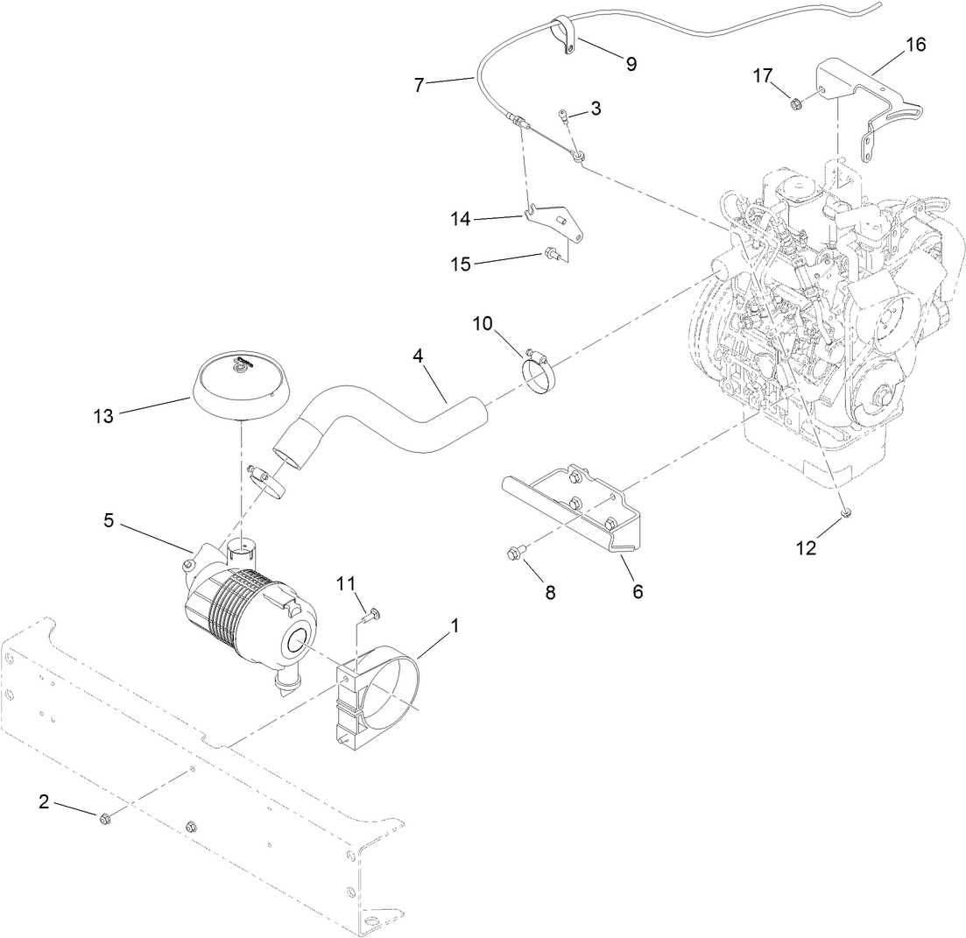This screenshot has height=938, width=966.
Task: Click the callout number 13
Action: click(x=103, y=416)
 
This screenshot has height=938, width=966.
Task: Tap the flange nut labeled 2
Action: click(x=105, y=818)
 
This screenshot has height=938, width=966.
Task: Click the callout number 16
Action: click(x=914, y=44)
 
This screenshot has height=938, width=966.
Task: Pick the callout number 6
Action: click(x=638, y=592)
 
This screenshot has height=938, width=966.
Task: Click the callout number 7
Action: click(x=418, y=85)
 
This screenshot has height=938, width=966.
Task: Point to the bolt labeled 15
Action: click(x=551, y=255)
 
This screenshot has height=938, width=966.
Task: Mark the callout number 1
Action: click(x=455, y=627)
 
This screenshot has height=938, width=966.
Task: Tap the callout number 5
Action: click(x=109, y=519)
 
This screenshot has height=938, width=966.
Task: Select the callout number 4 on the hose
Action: click(x=418, y=357)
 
